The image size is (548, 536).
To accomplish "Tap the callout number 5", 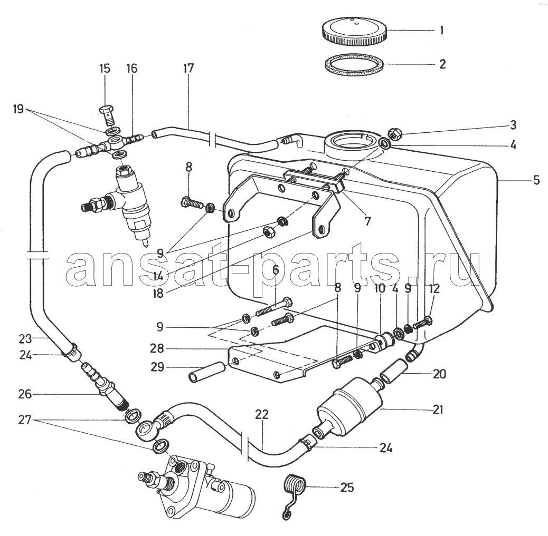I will click(x=536, y=180).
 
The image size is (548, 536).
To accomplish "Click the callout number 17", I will click(x=188, y=68).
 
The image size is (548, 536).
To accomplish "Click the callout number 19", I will click(x=19, y=109).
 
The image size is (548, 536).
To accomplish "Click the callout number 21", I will click(x=438, y=409).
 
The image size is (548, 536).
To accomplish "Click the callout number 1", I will click(x=441, y=30).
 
